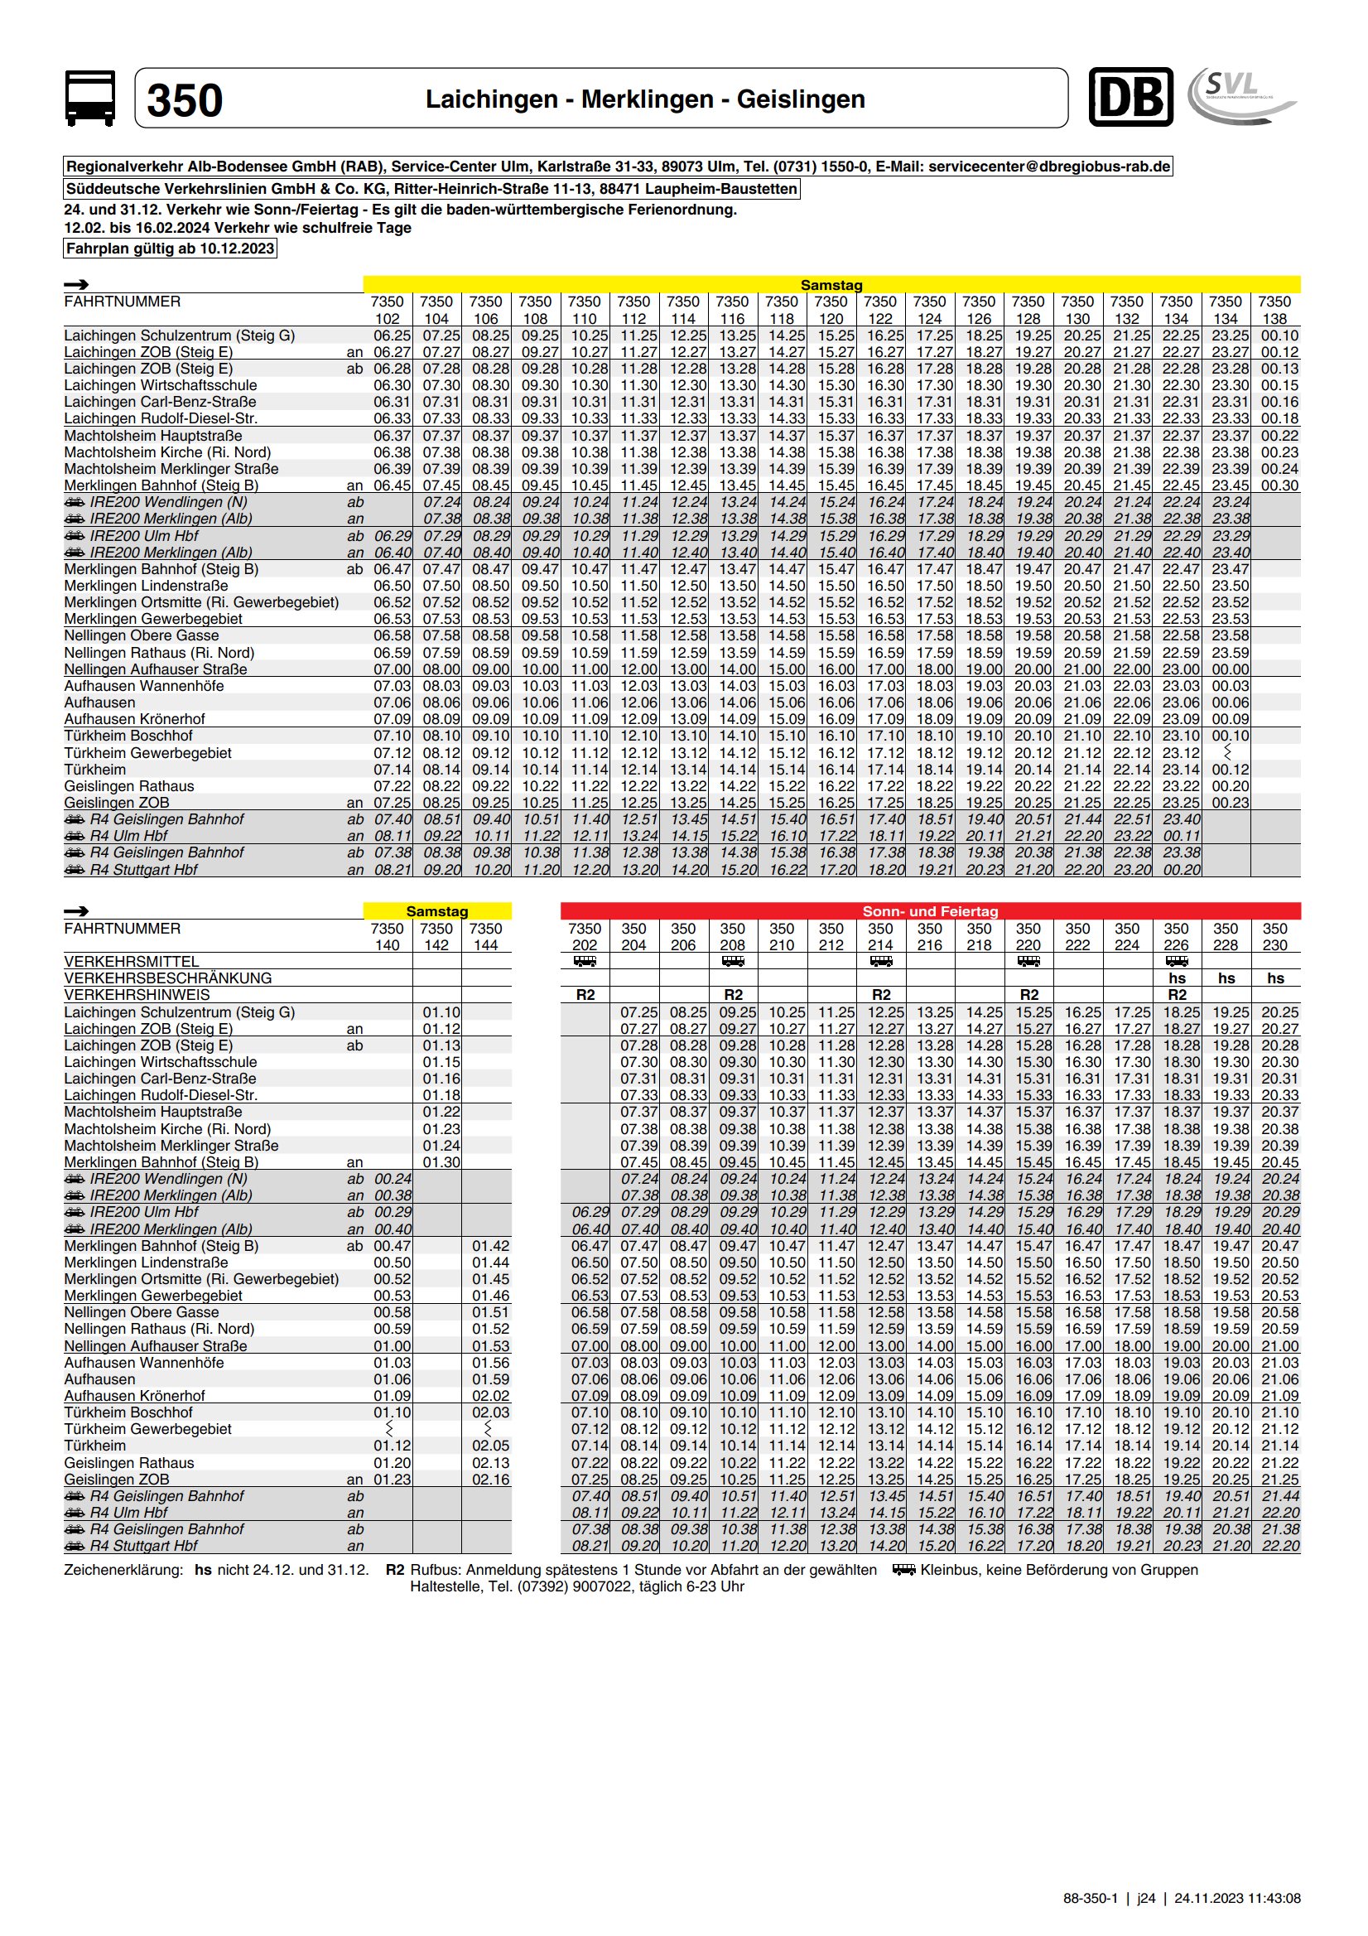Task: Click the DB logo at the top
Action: tap(1130, 98)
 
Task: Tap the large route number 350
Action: tap(185, 100)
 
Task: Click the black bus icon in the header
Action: tap(90, 99)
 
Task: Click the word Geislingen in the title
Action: tap(801, 99)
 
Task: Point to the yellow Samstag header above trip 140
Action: tap(436, 910)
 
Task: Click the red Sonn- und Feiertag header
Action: tap(930, 910)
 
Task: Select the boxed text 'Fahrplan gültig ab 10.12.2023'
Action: tap(171, 249)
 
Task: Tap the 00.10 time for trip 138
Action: tap(1279, 336)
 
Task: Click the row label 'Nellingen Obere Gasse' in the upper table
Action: tap(142, 635)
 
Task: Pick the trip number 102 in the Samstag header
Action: tap(387, 319)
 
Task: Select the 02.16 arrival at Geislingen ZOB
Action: tap(489, 1479)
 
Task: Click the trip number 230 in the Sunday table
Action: tap(1274, 945)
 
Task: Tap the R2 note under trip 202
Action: tap(585, 995)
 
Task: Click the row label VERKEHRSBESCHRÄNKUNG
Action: tap(168, 978)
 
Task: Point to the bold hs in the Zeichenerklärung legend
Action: tap(203, 1570)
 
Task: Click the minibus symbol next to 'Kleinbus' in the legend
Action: tap(904, 1570)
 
